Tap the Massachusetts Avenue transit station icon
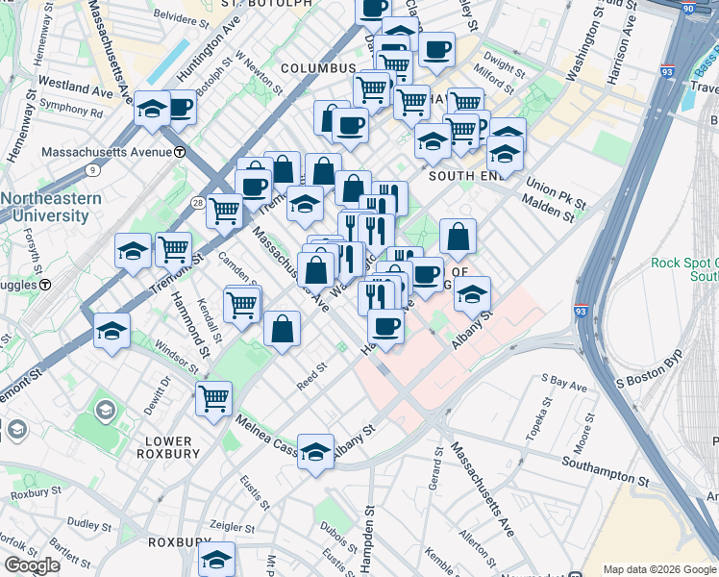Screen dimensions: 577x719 click(179, 152)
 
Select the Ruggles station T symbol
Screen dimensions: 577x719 click(45, 285)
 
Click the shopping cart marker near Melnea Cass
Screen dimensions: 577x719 click(213, 398)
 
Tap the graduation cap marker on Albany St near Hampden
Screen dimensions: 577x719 click(314, 453)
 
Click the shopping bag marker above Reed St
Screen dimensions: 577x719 click(283, 329)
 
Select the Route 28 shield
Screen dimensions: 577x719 click(196, 203)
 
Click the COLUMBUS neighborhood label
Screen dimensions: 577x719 click(319, 68)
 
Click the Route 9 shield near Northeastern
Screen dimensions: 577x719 click(92, 170)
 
